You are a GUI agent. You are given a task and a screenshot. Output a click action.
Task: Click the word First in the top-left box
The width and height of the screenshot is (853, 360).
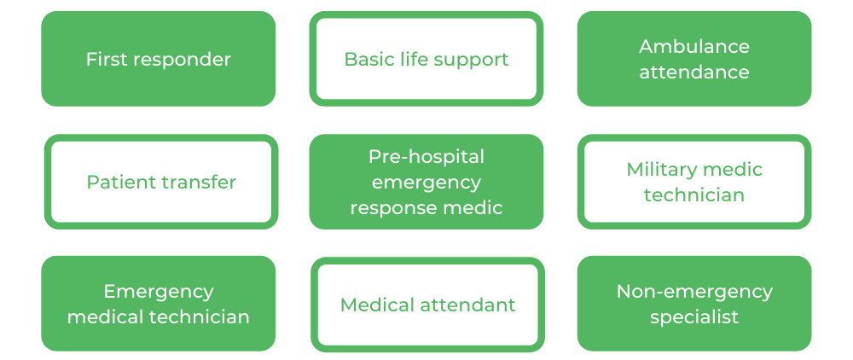point(105,59)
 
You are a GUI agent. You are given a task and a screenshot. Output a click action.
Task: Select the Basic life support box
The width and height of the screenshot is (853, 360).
point(426,59)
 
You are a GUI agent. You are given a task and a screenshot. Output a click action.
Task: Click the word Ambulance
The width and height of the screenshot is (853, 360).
point(694,46)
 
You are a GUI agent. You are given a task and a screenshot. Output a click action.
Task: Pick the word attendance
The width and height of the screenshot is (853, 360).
point(694,72)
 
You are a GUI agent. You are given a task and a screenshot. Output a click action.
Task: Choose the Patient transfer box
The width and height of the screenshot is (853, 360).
point(161,182)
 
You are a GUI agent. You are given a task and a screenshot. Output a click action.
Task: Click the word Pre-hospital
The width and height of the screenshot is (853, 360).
point(426,157)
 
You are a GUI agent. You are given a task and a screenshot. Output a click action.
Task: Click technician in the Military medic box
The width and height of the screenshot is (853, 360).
point(694,195)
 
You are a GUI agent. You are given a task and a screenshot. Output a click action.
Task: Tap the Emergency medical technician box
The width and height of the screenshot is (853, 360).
point(159,303)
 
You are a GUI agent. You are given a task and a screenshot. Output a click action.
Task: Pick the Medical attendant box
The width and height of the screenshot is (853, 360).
point(427,305)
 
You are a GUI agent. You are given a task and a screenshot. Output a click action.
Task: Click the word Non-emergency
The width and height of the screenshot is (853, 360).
point(694,291)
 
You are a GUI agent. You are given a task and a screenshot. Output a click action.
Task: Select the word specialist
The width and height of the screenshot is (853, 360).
point(694,316)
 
